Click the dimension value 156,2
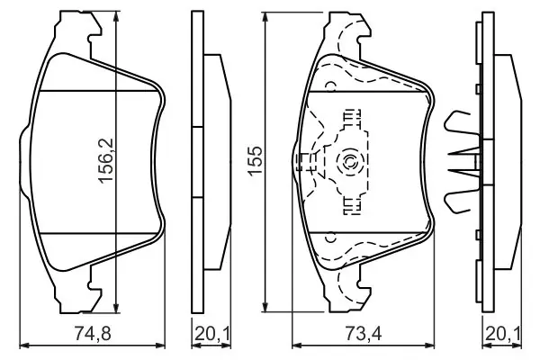click(106, 160)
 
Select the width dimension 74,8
click(93, 334)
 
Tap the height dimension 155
click(256, 160)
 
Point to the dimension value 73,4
click(364, 334)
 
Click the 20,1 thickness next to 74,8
click(211, 334)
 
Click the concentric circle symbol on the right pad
click(348, 161)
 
